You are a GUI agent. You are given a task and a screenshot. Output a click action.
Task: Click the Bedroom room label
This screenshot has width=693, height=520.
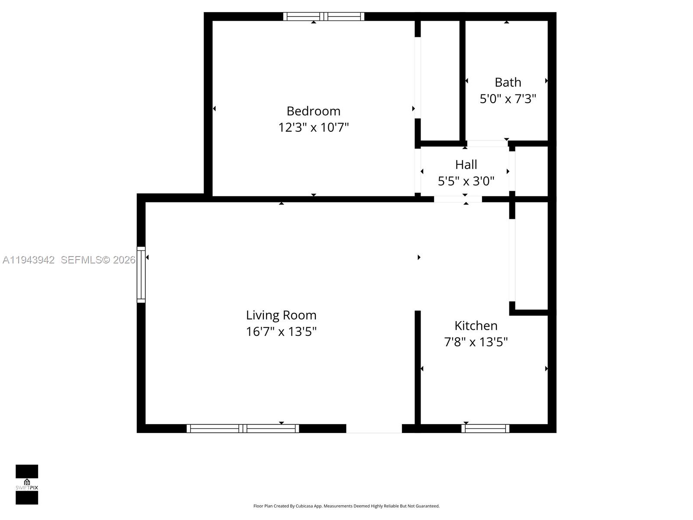click(313, 111)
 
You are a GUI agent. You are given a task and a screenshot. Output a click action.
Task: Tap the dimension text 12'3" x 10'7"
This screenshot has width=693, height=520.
click(313, 127)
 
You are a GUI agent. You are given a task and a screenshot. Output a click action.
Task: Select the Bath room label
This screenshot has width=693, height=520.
click(508, 82)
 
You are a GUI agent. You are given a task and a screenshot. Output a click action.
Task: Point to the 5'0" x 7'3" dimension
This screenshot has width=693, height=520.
click(508, 99)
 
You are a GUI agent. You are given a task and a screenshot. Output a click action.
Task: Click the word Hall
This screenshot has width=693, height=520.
click(466, 165)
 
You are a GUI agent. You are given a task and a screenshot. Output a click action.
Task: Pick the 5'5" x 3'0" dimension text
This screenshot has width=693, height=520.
click(466, 181)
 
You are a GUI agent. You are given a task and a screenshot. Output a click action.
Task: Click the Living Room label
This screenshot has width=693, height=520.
click(281, 315)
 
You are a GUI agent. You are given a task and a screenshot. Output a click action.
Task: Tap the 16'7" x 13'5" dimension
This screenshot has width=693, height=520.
click(281, 331)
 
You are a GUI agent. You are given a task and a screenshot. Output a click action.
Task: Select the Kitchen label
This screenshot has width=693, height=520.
click(476, 325)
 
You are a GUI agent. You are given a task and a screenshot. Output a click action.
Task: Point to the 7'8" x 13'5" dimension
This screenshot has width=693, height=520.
click(476, 342)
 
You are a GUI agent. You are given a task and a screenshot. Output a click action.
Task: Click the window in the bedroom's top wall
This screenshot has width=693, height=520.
click(324, 16)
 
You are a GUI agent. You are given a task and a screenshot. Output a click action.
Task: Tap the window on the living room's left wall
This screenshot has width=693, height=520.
click(141, 274)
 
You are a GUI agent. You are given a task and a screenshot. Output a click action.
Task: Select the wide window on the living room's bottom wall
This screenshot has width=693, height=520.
click(243, 429)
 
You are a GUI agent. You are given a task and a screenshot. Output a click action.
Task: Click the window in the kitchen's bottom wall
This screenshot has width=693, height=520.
click(485, 429)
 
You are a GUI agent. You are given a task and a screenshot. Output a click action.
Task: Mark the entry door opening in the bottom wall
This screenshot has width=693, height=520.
click(374, 429)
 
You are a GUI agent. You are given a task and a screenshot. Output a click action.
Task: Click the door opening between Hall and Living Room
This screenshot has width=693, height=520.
click(458, 199)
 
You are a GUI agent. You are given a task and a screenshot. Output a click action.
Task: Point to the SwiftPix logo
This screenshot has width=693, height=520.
click(27, 484)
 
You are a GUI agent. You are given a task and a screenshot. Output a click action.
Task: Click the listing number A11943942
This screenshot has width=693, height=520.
click(29, 260)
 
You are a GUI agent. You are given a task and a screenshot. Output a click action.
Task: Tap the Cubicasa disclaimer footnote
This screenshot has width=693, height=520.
click(346, 506)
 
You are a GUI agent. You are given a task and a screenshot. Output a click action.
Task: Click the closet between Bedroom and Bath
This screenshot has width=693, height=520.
click(440, 80)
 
